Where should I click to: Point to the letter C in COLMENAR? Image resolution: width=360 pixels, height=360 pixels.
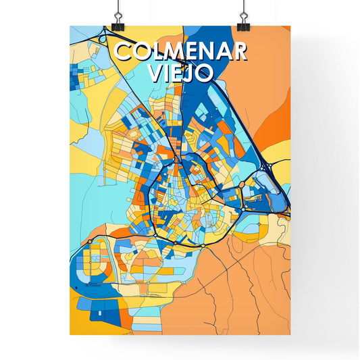coord(123,52)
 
